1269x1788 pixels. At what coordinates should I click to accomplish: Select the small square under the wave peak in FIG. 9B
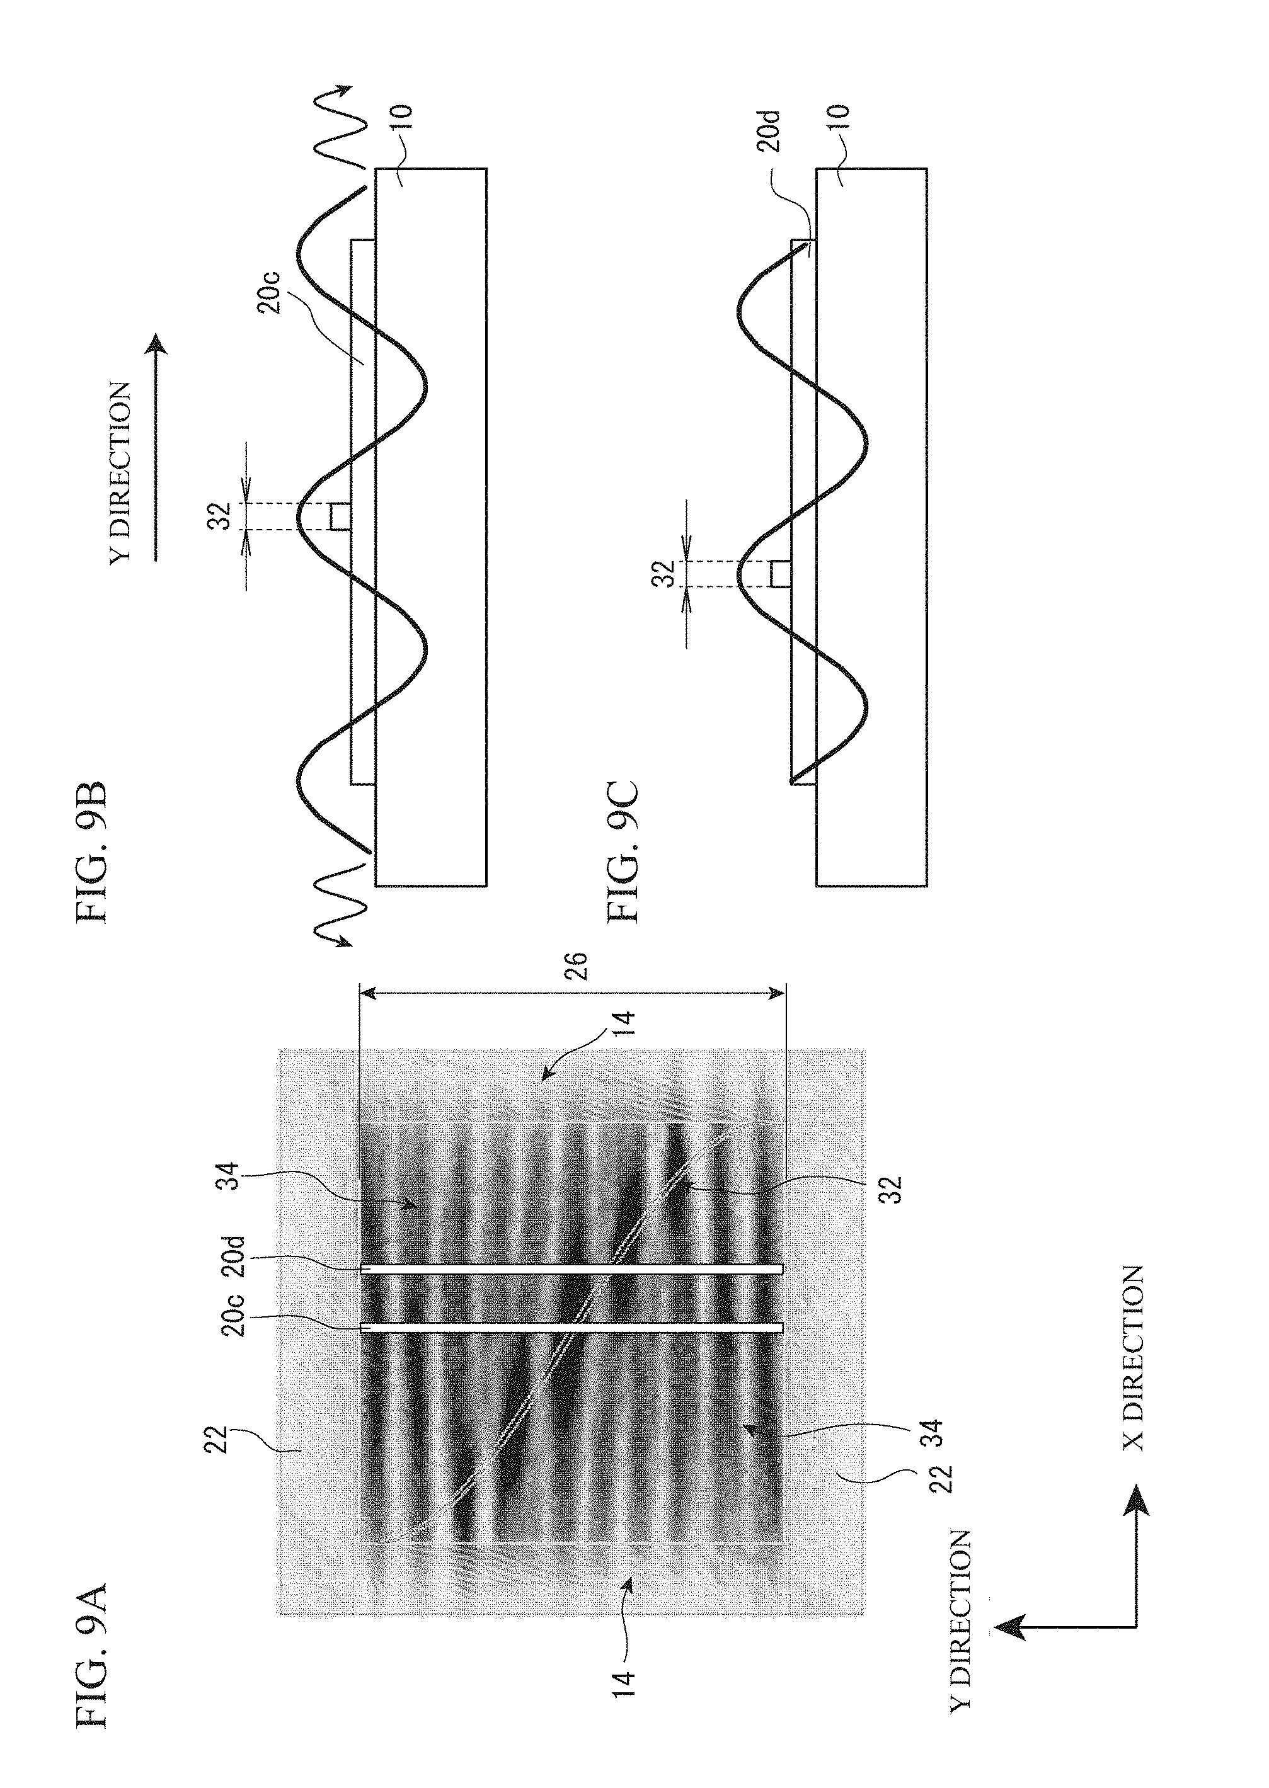point(338,516)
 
